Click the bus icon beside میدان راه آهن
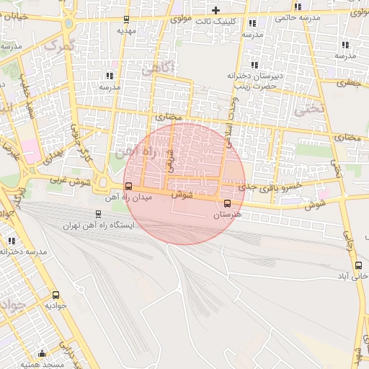128,187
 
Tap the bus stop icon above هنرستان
228,203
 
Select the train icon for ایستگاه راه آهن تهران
99,213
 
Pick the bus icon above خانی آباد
358,265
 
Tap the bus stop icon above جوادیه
55,295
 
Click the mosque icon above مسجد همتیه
42,353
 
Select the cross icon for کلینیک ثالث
215,10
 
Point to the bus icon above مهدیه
127,20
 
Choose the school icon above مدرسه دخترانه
12,241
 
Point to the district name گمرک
59,45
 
